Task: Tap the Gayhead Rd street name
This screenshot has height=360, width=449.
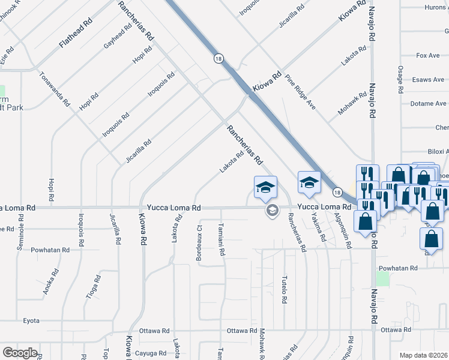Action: (118, 37)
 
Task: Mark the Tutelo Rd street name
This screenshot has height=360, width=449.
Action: (283, 290)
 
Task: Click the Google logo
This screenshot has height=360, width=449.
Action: (20, 353)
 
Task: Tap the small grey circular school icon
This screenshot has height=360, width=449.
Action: (272, 210)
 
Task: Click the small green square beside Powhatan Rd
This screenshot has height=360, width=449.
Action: (382, 278)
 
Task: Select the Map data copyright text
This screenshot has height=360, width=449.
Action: (424, 355)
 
